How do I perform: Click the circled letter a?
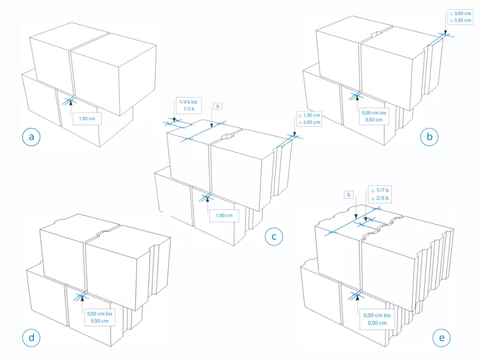pyautogui.click(x=32, y=137)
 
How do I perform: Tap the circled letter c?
pyautogui.click(x=274, y=236)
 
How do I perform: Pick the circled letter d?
pyautogui.click(x=32, y=337)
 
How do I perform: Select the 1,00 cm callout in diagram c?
pyautogui.click(x=224, y=215)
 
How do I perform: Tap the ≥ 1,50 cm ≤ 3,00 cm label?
pyautogui.click(x=308, y=118)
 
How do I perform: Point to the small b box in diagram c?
pyautogui.click(x=218, y=106)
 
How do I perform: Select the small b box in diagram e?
pyautogui.click(x=349, y=195)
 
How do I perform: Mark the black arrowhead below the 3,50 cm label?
pyautogui.click(x=446, y=34)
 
